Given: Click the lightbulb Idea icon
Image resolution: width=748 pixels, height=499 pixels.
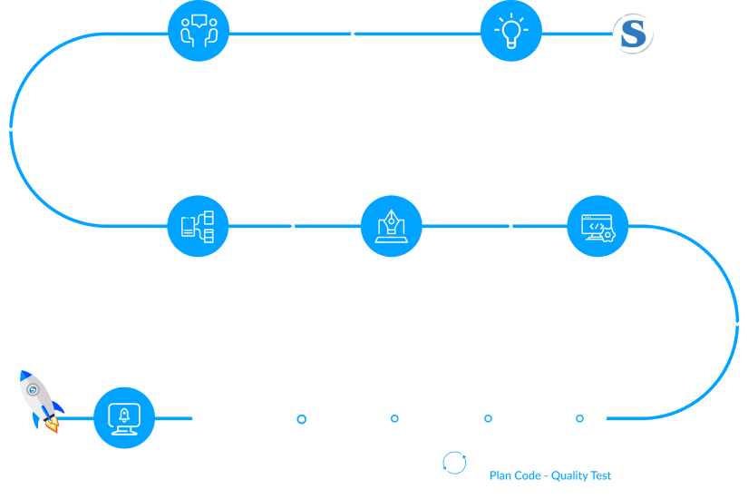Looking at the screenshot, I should point(510,32).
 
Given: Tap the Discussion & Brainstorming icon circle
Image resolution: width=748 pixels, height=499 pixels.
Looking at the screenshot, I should point(199,32).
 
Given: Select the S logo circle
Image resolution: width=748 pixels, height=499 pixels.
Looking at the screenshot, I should point(633,34).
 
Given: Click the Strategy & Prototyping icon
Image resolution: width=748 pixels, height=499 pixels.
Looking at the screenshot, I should point(198,226).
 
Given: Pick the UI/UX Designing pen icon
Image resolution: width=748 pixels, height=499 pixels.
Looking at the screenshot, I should point(391,226).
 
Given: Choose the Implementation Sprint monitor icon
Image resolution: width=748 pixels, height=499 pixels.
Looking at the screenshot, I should point(597,226).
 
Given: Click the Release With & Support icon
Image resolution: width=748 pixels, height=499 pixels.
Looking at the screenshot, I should point(124,418).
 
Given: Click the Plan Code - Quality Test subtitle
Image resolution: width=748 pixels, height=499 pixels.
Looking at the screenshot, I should point(550,475).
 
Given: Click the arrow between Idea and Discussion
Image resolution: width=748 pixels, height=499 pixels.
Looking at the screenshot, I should point(356,34).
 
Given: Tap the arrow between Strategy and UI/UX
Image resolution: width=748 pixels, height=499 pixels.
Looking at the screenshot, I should point(288,225).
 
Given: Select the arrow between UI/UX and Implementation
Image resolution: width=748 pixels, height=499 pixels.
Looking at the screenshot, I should point(506,225).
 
